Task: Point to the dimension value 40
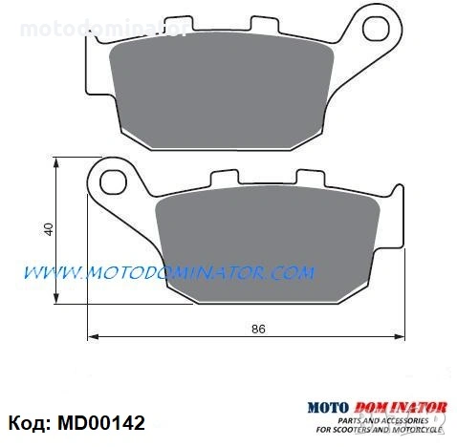coord(48,229)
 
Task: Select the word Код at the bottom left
coord(28,422)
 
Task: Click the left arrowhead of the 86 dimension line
coord(91,336)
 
